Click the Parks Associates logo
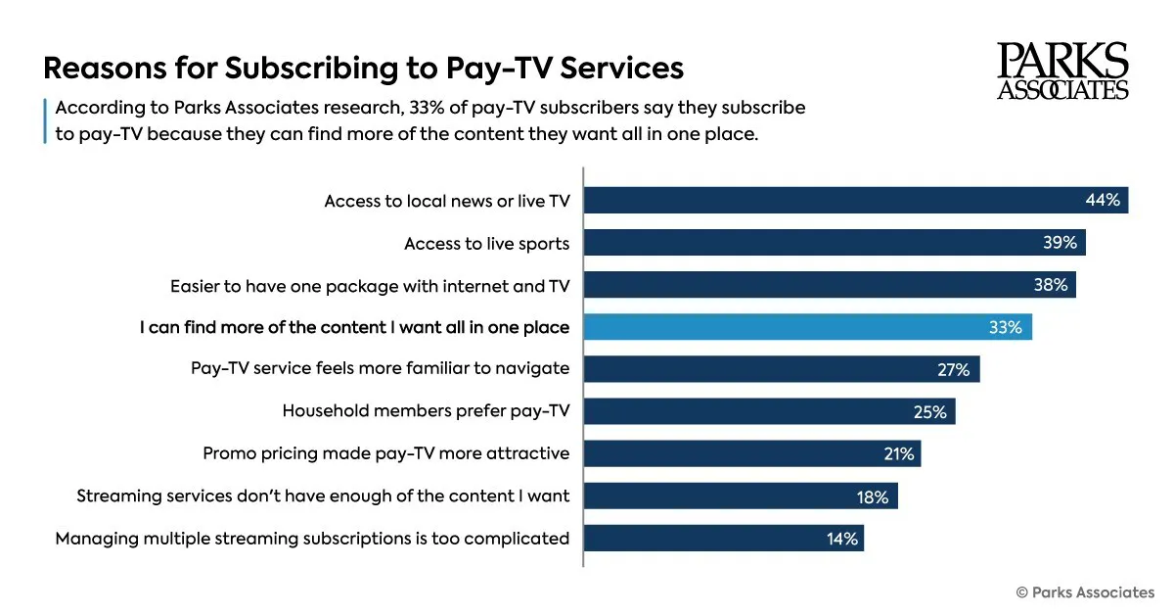(x=1062, y=71)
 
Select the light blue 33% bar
(x=807, y=328)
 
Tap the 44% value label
(x=1103, y=201)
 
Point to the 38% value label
(x=1051, y=285)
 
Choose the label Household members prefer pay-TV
(x=426, y=411)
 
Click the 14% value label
(x=841, y=539)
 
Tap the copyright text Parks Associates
(x=1085, y=592)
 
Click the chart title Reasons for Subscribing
(x=363, y=70)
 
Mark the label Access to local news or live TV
(x=447, y=201)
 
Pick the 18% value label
(x=873, y=497)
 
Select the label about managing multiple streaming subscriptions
(x=312, y=539)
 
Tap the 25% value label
(x=930, y=412)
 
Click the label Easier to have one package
(x=370, y=286)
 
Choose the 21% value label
(x=898, y=454)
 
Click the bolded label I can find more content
(x=354, y=328)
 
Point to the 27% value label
(x=954, y=370)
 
